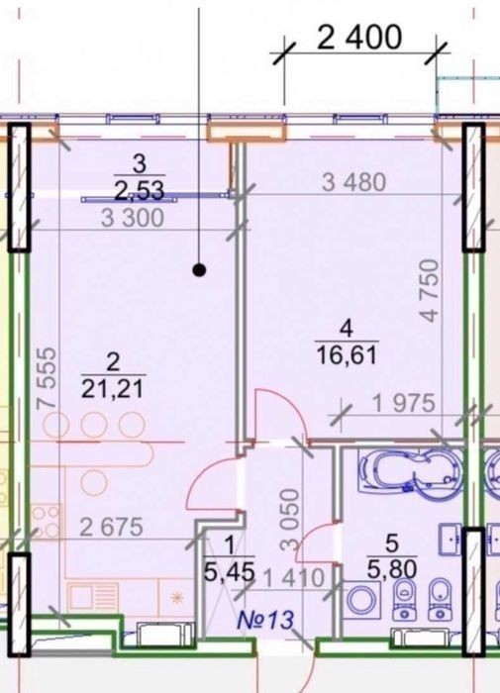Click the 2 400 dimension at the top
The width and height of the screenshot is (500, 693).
[359, 38]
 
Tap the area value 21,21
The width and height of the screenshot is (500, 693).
[113, 389]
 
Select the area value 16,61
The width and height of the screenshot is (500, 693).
[348, 354]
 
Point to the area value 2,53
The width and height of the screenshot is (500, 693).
[139, 190]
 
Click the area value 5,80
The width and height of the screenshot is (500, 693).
[392, 569]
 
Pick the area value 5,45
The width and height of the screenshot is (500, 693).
[230, 572]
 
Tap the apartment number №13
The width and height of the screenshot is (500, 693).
[265, 619]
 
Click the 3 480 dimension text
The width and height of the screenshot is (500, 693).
[353, 182]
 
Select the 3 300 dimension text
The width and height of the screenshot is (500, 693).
[133, 218]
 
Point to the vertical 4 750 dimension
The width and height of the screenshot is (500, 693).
[430, 290]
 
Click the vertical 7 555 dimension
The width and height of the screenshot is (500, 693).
[48, 378]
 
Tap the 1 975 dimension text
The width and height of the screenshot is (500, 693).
[404, 403]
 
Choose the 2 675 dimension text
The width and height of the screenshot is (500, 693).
[111, 527]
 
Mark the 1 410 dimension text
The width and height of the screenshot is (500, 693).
[293, 577]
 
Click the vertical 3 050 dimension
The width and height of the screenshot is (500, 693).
[290, 519]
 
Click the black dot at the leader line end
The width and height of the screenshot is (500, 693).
[199, 269]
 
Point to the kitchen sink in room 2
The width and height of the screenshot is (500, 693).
[92, 595]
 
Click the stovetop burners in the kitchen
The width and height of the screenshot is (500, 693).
[46, 522]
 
